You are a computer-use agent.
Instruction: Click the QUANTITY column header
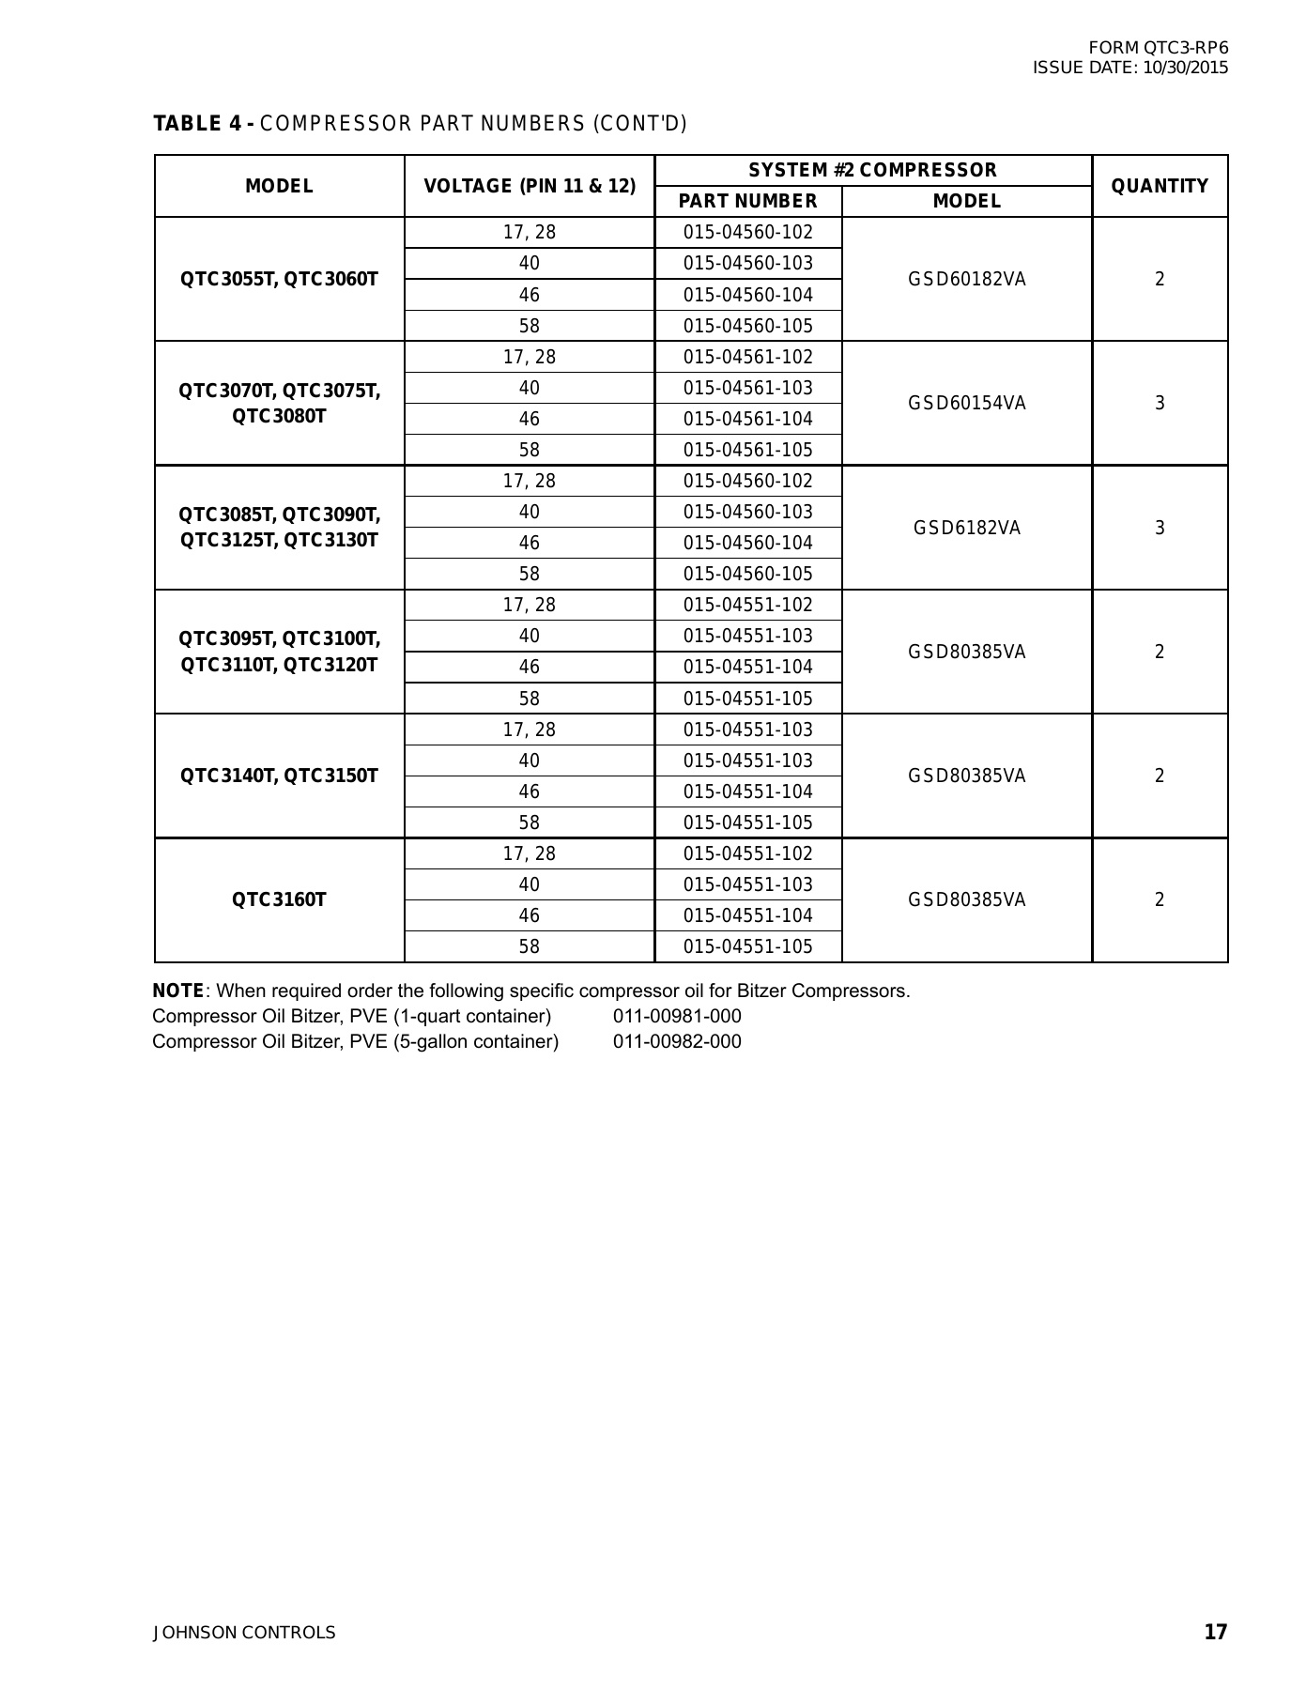tap(1160, 186)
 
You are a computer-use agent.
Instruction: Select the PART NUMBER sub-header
tap(747, 201)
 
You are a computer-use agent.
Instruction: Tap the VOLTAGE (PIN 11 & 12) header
tap(530, 186)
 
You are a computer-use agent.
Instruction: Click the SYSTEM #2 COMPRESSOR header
tap(872, 170)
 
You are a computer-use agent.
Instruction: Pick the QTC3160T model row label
tap(279, 899)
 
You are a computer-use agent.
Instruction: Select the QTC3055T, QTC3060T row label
tap(279, 279)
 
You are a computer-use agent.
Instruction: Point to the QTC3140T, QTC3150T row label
tap(279, 776)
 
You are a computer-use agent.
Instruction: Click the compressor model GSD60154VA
tap(967, 403)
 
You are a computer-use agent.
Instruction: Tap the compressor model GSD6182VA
tap(967, 528)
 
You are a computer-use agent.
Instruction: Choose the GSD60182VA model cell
tap(967, 279)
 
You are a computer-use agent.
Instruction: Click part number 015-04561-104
tap(747, 419)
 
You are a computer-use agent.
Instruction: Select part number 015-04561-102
tap(747, 357)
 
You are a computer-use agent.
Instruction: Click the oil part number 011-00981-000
tap(677, 1016)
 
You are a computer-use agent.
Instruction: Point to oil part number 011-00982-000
tap(677, 1041)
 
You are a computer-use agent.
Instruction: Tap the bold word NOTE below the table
tap(178, 991)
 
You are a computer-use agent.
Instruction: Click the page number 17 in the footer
tap(1215, 1632)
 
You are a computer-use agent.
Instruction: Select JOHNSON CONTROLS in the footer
tap(244, 1633)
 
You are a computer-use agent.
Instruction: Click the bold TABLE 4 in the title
tap(198, 124)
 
